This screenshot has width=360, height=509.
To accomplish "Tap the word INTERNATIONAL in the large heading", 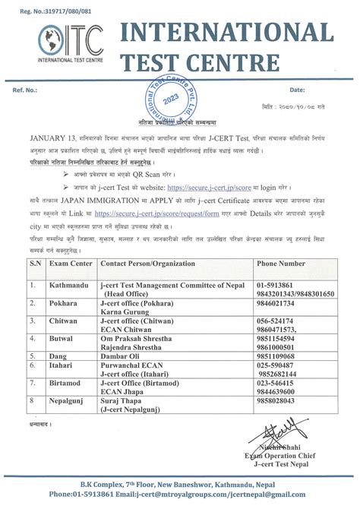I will tap(225, 33).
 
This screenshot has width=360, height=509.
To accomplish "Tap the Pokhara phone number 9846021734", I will tap(281, 302).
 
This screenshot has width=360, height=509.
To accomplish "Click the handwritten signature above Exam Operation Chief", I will tap(289, 435).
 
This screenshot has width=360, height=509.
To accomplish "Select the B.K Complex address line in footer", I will tap(179, 484).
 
